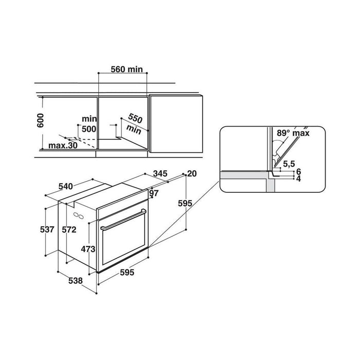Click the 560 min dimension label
(127, 69)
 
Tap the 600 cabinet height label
(41, 120)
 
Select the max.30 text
(63, 146)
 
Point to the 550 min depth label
(135, 124)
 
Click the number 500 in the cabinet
(89, 129)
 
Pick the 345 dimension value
(160, 174)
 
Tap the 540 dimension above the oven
(66, 187)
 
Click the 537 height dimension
(47, 229)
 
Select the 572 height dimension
(69, 229)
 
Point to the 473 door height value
(88, 249)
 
